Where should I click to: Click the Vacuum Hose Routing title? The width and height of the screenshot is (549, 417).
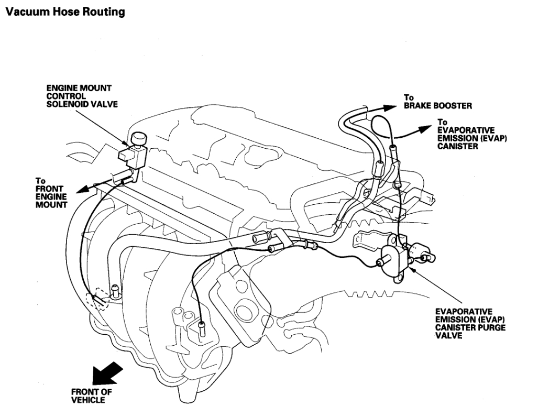pyautogui.click(x=64, y=12)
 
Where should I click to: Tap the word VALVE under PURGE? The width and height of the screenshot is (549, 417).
pyautogui.click(x=448, y=336)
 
